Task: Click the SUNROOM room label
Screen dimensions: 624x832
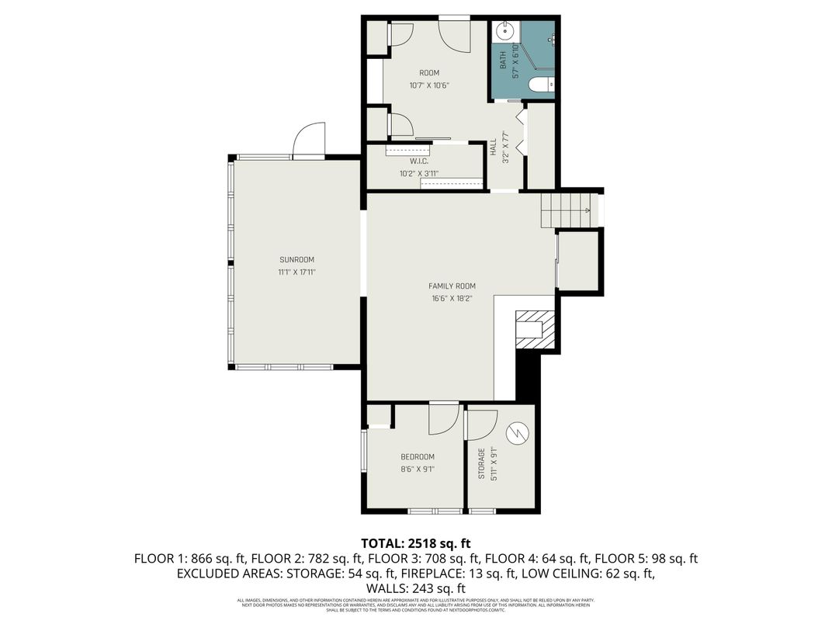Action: (x=297, y=260)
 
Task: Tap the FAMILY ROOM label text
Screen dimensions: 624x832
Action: (x=452, y=286)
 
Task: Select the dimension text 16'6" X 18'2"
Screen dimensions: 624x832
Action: (x=452, y=299)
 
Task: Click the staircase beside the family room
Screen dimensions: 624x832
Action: (x=566, y=208)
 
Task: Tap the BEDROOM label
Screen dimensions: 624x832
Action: (x=418, y=457)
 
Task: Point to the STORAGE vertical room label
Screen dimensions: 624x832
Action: (x=481, y=463)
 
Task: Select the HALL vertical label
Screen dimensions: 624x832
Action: (x=494, y=147)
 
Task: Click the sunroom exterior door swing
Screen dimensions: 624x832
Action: (x=310, y=139)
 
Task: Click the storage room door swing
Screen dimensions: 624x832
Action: (x=482, y=424)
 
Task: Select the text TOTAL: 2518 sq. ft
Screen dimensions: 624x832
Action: (x=416, y=543)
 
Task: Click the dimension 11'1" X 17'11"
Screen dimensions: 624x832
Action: (x=297, y=272)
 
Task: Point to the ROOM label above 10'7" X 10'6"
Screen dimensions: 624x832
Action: (x=418, y=74)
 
